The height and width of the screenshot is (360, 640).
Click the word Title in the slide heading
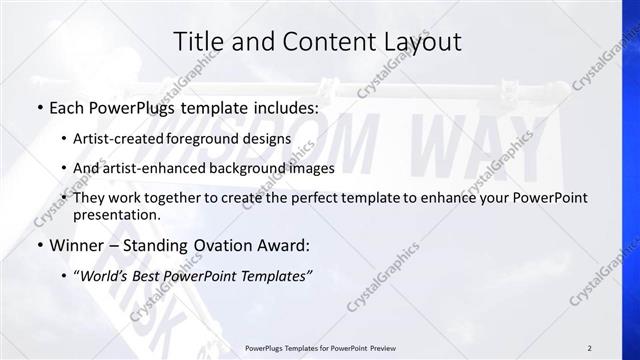pos(198,41)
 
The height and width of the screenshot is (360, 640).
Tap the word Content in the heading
pos(323,41)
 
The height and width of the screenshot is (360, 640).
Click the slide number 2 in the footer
pos(590,349)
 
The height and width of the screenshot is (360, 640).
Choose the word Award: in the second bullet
pos(286,243)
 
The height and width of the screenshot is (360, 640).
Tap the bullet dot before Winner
pos(39,243)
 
